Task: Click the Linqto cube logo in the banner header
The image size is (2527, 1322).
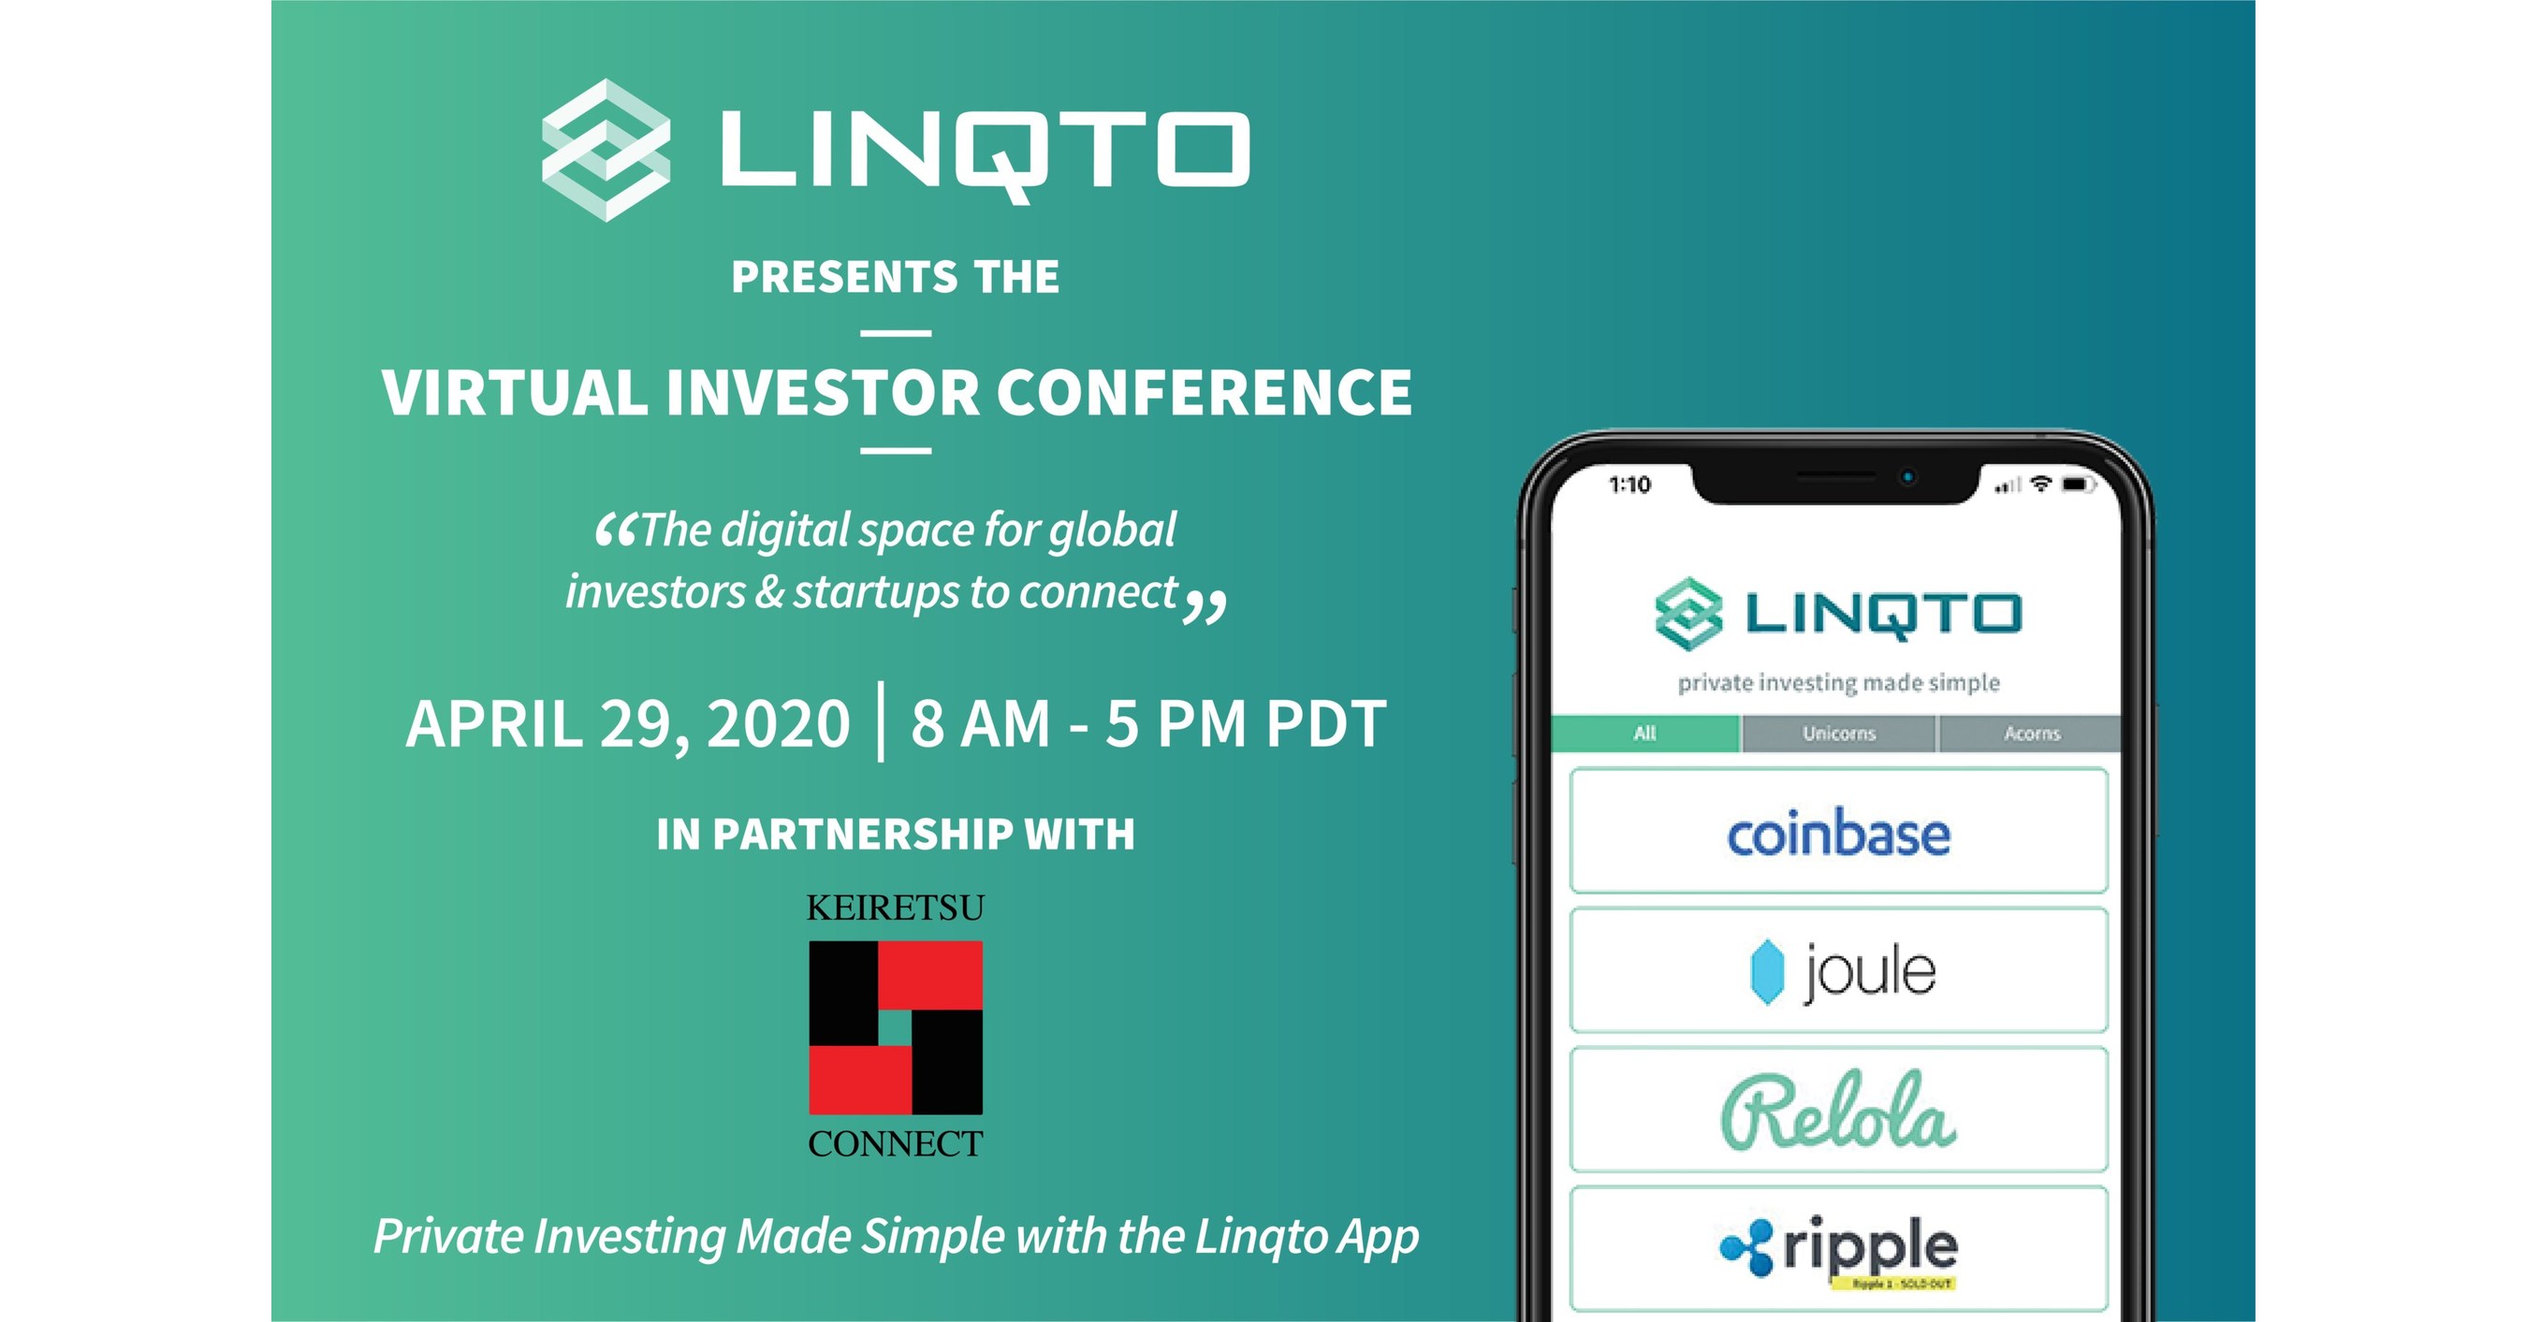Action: pos(606,150)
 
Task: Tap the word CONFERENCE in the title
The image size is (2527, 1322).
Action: pos(1204,392)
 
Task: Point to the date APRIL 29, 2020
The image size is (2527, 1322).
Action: pos(628,724)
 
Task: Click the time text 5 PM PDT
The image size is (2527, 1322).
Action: pos(1246,724)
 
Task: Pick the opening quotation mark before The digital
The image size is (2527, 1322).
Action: pos(616,530)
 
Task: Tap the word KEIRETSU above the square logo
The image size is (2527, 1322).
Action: pos(895,908)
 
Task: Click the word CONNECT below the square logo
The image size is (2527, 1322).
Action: pos(895,1143)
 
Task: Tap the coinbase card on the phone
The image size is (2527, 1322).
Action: pos(1838,832)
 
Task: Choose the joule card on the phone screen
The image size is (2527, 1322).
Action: pos(1838,971)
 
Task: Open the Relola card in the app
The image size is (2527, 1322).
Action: pos(1838,1111)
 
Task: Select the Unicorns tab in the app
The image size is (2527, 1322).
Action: pos(1838,734)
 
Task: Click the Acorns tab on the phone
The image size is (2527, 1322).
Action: pos(2031,734)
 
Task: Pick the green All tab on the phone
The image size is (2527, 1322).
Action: pos(1645,734)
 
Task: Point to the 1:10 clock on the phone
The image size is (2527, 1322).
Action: pos(1629,485)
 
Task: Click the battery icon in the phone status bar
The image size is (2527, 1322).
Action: pos(2078,485)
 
